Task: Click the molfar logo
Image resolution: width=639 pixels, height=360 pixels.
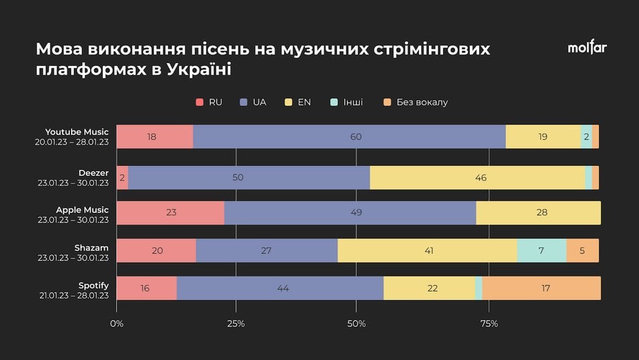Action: pos(587,48)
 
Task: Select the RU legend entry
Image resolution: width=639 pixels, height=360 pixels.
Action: pos(209,102)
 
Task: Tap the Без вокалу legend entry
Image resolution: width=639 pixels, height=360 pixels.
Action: pos(415,102)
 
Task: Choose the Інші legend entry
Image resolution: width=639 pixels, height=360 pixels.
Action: pos(347,102)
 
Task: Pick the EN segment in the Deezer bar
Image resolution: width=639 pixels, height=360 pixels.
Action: pos(477,178)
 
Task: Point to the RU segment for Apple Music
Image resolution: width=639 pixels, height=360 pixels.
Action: pos(170,213)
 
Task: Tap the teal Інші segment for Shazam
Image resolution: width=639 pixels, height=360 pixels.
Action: pos(542,251)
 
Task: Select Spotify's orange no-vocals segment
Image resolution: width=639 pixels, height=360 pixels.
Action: pos(541,288)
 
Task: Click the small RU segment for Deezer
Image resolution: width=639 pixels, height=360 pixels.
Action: pos(122,178)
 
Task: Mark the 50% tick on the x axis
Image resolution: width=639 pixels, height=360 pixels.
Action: pos(356,324)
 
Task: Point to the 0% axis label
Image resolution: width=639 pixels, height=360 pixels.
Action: pos(117,324)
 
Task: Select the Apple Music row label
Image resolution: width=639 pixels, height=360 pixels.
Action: pos(82,210)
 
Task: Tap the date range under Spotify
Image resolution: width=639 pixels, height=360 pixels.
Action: pos(74,296)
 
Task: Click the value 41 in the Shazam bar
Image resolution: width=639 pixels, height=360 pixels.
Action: pos(428,251)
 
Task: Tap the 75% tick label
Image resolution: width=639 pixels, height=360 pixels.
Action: pos(489,324)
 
